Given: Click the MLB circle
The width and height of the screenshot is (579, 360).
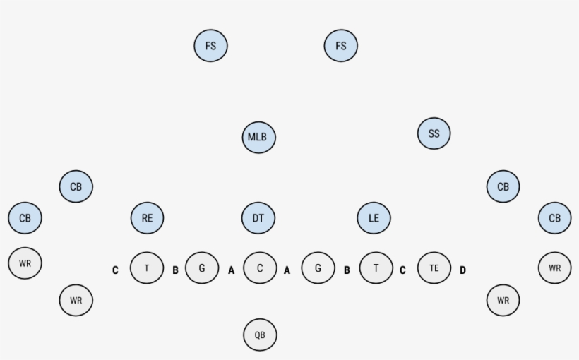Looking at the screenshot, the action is pos(259,138).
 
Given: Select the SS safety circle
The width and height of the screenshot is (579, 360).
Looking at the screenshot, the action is pos(434,133).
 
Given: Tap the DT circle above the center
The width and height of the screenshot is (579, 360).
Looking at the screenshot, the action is pos(258,218).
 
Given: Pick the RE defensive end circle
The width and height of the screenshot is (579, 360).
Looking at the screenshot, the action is pos(148,218).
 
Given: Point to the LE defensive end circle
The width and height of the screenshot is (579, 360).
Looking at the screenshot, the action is pos(374,218).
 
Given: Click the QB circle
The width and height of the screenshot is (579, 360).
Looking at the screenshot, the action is pos(260,335).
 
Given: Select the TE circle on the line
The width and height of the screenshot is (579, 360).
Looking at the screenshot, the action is pos(434,268).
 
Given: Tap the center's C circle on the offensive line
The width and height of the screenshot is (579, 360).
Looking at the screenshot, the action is pos(260,268).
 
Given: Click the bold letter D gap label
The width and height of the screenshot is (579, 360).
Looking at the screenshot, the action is pos(462,270).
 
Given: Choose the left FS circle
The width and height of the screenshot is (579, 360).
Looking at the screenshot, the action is pos(211,46).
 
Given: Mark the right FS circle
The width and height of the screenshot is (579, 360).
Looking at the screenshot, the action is pos(341,46).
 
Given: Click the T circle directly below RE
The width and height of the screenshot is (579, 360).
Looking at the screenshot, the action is pos(147,268).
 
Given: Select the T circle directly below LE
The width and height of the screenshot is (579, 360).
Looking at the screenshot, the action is pos(376,268).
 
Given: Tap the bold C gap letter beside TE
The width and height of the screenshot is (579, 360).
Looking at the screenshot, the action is pos(402,270).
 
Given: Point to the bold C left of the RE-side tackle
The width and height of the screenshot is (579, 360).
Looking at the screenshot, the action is pos(115,270).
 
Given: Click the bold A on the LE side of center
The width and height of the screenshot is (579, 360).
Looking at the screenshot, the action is pos(287,270).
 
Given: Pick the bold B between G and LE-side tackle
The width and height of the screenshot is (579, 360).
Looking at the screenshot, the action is pos(347,270).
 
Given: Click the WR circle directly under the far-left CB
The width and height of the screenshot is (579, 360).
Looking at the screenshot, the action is pos(25,263).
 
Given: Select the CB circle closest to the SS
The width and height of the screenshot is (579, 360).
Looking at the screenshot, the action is pos(503,186).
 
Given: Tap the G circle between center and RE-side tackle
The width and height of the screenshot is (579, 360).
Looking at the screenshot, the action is pos(202,268).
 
